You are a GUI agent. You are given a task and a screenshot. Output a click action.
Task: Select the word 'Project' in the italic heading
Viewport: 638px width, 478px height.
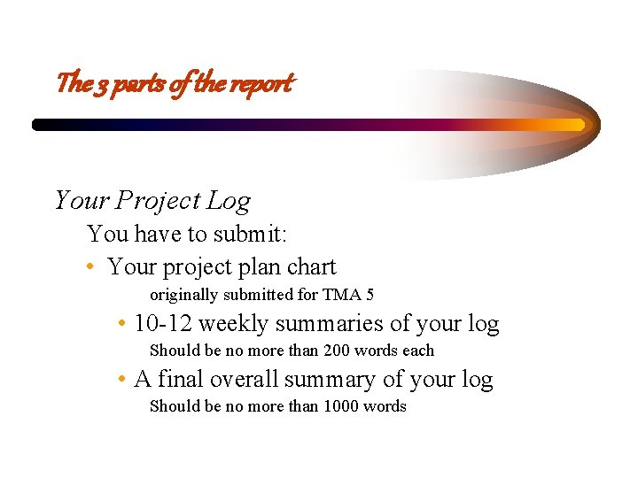(x=161, y=201)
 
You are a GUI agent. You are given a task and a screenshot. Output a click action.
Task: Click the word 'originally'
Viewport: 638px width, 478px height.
(x=184, y=295)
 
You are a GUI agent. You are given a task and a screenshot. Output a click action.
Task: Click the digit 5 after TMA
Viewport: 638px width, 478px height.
(x=370, y=295)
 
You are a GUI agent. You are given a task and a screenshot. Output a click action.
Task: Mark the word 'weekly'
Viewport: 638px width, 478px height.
(x=233, y=324)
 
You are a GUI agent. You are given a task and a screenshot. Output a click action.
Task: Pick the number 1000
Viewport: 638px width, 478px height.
(x=343, y=406)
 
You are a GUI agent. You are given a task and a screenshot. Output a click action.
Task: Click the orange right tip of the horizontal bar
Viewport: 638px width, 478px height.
(x=581, y=125)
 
